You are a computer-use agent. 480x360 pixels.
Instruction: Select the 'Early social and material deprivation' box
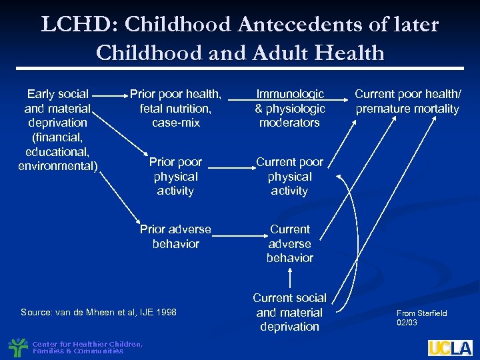click(58, 130)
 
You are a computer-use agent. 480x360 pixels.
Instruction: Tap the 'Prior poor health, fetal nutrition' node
click(175, 109)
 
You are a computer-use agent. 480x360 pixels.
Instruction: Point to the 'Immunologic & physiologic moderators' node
click(289, 109)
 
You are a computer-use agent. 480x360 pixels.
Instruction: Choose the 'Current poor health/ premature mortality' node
click(407, 101)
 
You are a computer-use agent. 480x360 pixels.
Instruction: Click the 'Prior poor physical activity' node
click(175, 177)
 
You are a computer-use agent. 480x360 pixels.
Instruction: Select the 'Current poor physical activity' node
click(289, 177)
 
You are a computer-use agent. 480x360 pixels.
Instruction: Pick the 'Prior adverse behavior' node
click(175, 236)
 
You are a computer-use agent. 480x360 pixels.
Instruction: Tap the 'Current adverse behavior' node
click(289, 243)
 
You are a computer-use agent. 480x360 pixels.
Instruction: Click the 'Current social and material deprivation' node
click(289, 312)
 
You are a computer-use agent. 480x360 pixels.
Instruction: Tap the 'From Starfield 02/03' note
click(422, 317)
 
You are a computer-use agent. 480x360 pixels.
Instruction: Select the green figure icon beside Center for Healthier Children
click(18, 347)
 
